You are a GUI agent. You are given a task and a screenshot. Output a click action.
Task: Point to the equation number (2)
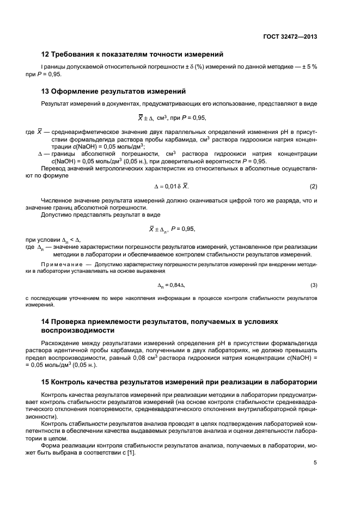[x=313, y=187]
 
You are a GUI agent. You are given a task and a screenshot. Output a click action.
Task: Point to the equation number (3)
[x=313, y=285]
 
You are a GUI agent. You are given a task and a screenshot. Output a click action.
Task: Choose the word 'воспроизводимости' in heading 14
[x=77, y=330]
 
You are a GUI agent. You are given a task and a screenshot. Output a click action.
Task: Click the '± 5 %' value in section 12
[x=308, y=66]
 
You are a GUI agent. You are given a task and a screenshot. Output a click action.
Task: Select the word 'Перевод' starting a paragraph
[x=53, y=169]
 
